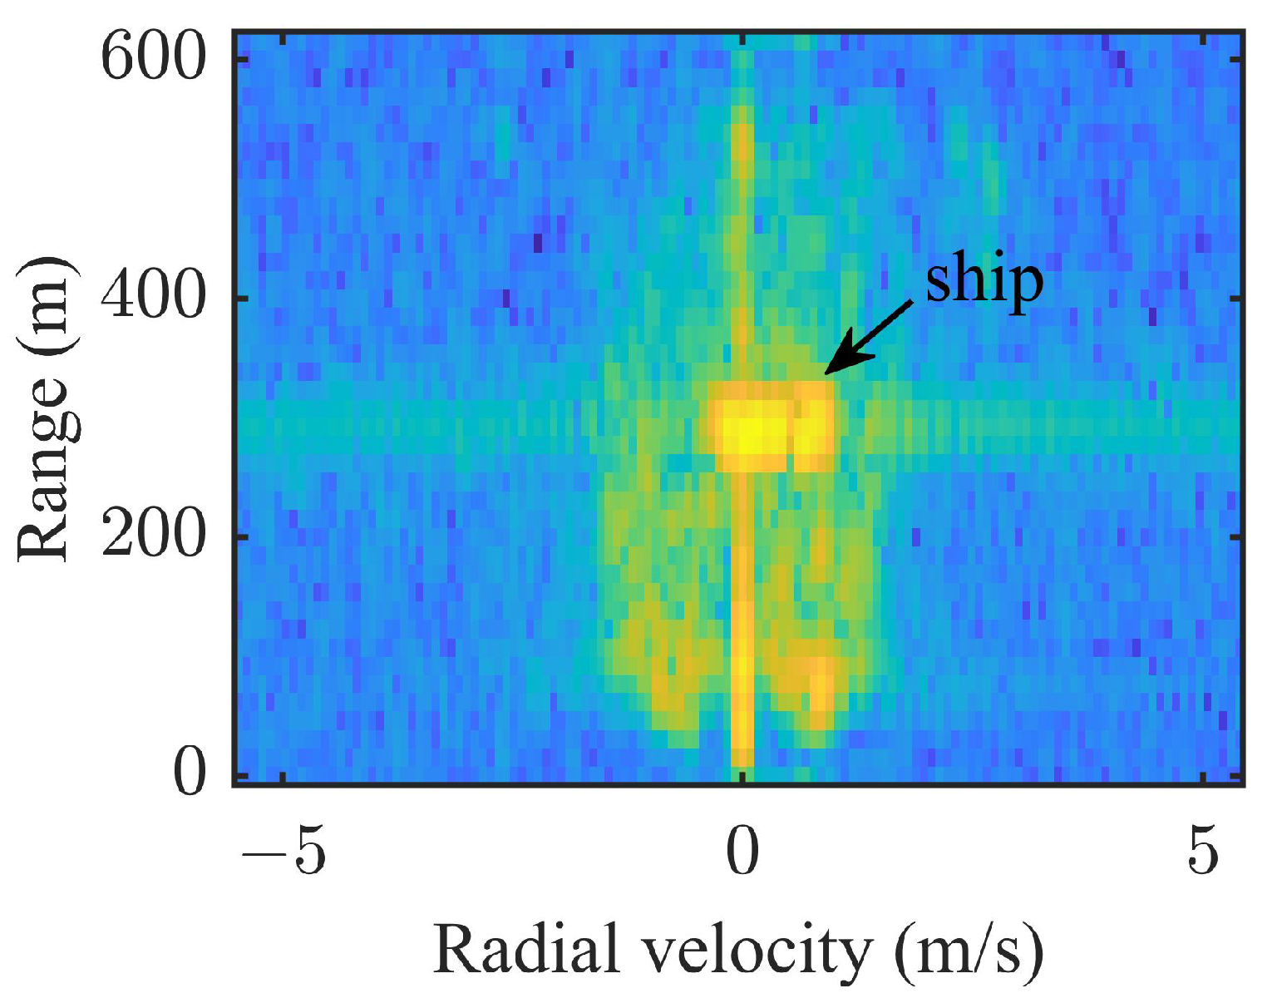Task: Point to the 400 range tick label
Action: click(x=152, y=297)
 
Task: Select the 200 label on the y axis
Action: click(x=152, y=536)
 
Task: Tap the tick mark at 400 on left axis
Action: click(x=241, y=298)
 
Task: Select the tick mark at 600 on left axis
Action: click(x=241, y=59)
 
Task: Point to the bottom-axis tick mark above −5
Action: click(x=283, y=777)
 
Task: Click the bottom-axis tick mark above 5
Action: click(x=1203, y=777)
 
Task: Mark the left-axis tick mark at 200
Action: click(x=241, y=536)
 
